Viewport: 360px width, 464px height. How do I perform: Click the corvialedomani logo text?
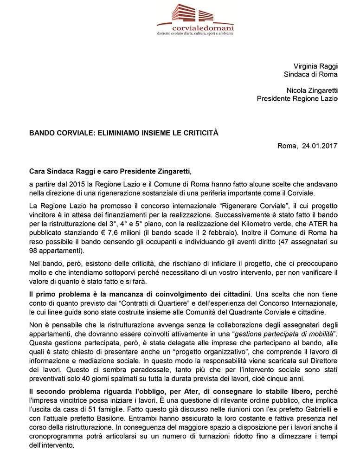point(195,28)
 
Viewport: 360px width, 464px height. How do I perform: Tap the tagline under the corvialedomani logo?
point(195,34)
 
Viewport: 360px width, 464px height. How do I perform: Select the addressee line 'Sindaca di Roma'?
point(311,74)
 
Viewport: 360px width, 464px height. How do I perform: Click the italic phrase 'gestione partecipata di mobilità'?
point(276,335)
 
